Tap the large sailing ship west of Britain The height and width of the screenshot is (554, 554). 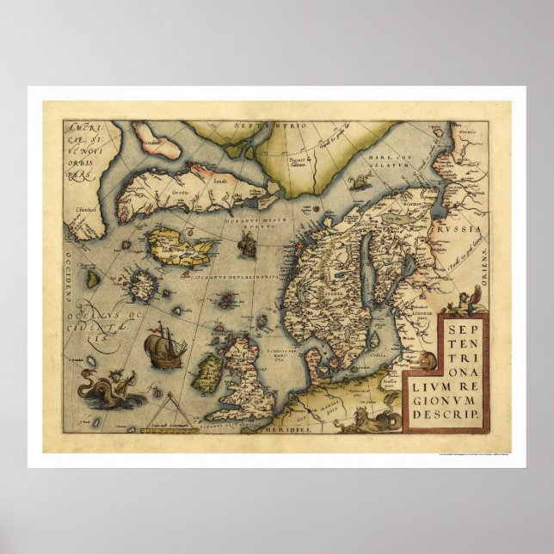click(163, 348)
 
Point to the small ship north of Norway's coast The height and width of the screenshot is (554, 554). click(248, 246)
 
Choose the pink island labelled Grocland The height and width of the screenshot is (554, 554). click(157, 140)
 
